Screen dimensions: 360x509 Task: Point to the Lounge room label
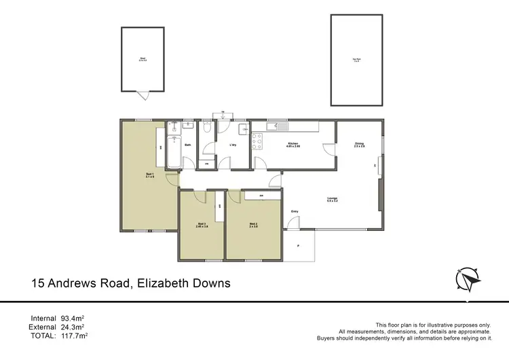(x=331, y=199)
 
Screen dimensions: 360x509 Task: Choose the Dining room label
(x=359, y=144)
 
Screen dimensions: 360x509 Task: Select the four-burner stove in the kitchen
(x=258, y=142)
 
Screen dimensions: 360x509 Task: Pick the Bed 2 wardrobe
(x=257, y=196)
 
